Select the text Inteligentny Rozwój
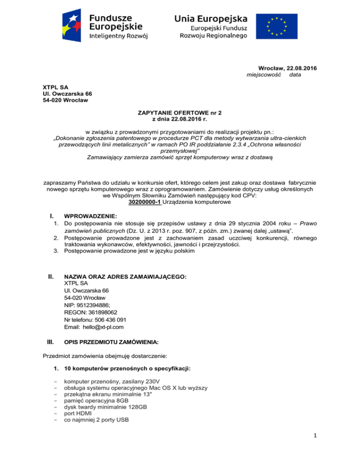tap(119, 36)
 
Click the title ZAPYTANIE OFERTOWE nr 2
tap(180, 113)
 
